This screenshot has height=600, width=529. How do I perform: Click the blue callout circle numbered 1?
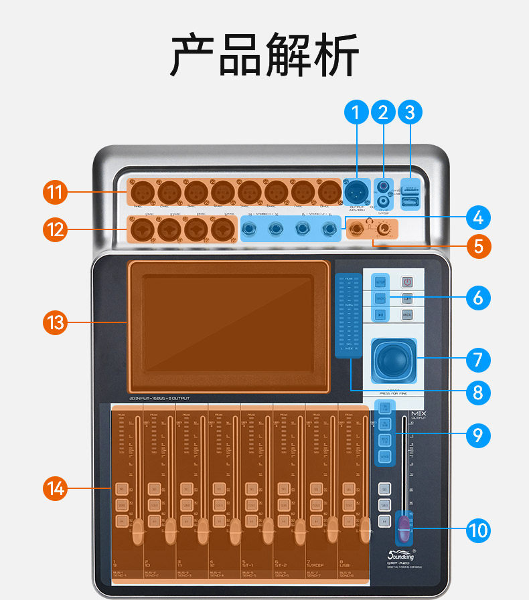pos(357,112)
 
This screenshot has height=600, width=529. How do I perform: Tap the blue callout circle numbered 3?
pos(410,112)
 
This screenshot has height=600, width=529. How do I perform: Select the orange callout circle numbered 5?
pos(477,245)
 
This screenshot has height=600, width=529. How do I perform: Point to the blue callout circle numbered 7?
pos(477,359)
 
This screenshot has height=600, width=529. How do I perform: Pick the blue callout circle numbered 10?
pos(477,531)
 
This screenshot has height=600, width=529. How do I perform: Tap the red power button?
pos(406,282)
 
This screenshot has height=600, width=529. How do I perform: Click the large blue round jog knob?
pos(390,361)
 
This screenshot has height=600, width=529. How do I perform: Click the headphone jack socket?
pos(358,229)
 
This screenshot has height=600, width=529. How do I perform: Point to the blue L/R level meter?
pos(348,314)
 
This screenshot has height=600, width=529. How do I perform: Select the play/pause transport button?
pos(380,314)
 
